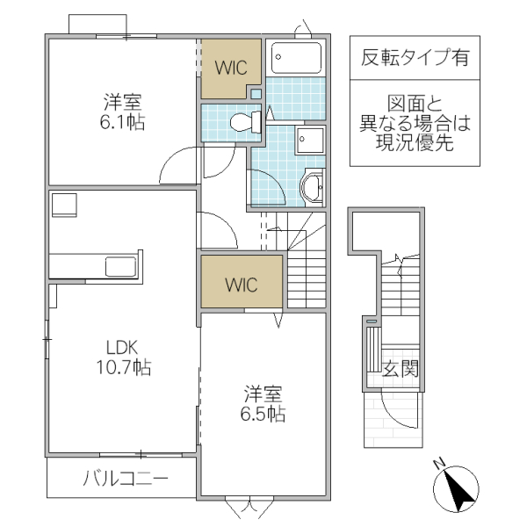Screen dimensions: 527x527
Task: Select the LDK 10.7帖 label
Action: [123, 357]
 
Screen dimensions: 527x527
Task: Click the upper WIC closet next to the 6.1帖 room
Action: [231, 69]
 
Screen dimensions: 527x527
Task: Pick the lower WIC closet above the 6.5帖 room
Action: [242, 283]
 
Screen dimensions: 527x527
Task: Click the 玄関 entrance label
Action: [400, 370]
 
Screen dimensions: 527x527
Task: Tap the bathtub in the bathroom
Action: [297, 58]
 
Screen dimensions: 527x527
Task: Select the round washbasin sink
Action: [312, 186]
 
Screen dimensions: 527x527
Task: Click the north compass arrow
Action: [458, 491]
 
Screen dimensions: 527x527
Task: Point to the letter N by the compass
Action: [440, 463]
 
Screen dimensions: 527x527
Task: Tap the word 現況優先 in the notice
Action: [415, 144]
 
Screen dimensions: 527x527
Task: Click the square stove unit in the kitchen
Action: [64, 204]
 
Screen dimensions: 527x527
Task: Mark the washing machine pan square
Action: [310, 141]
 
